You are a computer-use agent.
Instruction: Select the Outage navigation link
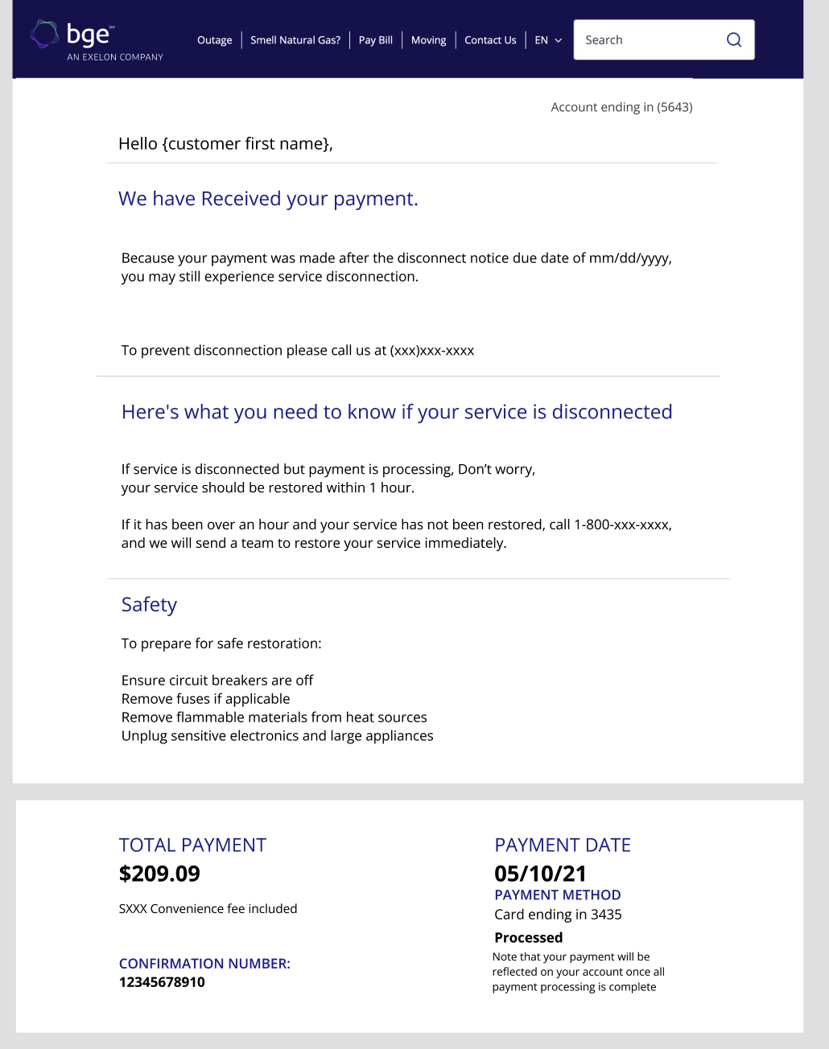tap(214, 40)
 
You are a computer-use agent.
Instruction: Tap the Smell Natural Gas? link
tap(295, 40)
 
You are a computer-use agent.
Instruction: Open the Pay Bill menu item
tap(376, 40)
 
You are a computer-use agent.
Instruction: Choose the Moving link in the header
tap(428, 40)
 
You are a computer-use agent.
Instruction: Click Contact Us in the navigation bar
tap(490, 40)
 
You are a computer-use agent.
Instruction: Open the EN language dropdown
tap(548, 40)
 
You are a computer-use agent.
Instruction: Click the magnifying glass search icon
tap(734, 40)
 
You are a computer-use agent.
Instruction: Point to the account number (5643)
tap(674, 107)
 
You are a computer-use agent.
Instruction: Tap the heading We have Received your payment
tap(268, 199)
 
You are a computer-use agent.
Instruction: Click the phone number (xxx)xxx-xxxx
tap(432, 351)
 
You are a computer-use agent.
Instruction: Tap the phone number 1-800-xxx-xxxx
tap(621, 524)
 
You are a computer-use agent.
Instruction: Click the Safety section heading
tap(149, 605)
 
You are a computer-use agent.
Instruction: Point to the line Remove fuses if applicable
tap(205, 699)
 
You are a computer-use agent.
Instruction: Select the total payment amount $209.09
tap(159, 874)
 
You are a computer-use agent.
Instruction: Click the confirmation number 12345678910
tap(162, 982)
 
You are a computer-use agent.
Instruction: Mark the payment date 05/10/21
tap(540, 874)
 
